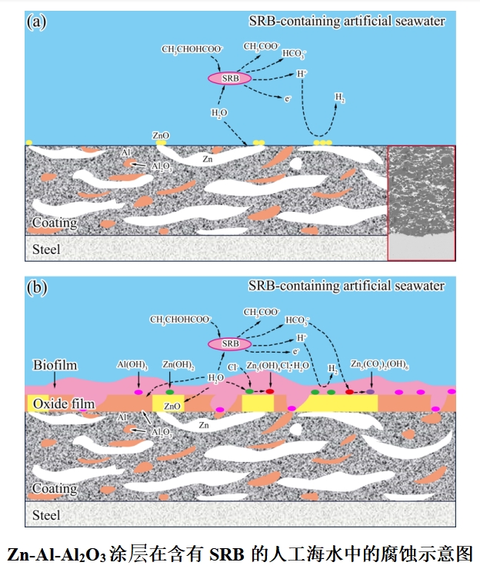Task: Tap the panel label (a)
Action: click(x=37, y=21)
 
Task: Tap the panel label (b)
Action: click(x=37, y=288)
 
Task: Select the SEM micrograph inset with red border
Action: click(x=422, y=202)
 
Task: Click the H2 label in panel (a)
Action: click(x=340, y=97)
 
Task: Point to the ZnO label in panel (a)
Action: click(x=161, y=136)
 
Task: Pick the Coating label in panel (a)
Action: click(x=55, y=223)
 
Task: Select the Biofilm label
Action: click(x=55, y=364)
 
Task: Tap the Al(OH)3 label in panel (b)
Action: click(x=132, y=364)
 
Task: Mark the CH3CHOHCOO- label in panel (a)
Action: click(x=192, y=49)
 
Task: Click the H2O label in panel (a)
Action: click(x=219, y=113)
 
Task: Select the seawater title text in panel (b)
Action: click(x=346, y=286)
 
